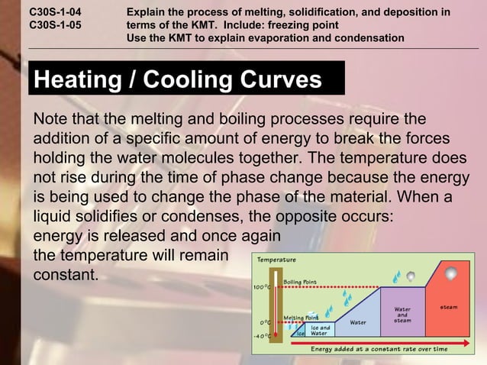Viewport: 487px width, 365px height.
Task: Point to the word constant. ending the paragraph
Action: [66, 273]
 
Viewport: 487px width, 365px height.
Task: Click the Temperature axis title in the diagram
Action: [276, 260]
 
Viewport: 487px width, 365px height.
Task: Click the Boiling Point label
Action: [300, 282]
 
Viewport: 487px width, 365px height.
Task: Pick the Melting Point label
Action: [301, 317]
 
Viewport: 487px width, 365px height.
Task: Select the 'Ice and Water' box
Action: [320, 330]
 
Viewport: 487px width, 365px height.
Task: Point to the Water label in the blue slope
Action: [357, 321]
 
